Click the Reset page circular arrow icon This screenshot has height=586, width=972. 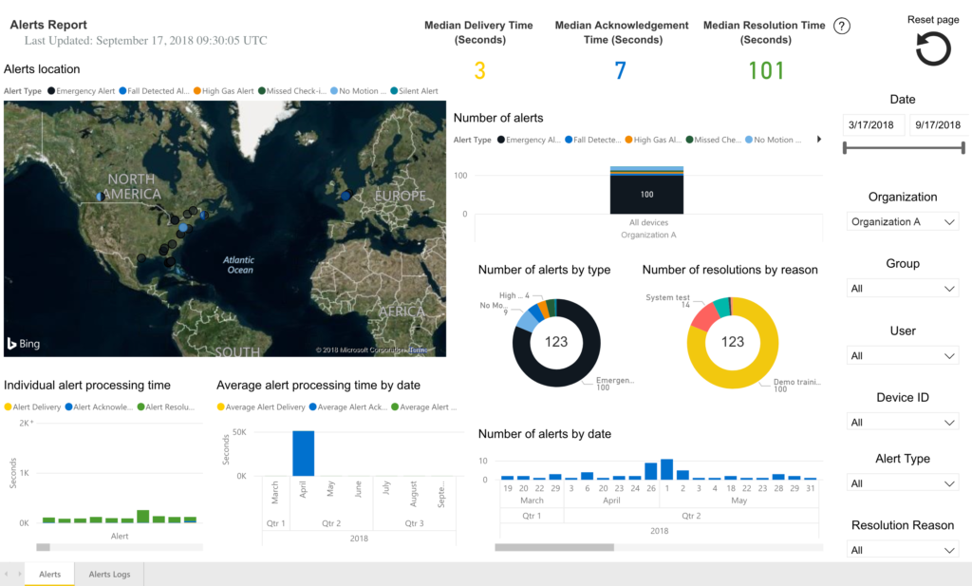point(933,49)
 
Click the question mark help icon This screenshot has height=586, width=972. point(842,27)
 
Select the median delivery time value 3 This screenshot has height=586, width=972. point(479,70)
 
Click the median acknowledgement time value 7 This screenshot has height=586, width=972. point(620,70)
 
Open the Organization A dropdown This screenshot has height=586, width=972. point(903,221)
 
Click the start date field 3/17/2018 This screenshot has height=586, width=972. point(873,125)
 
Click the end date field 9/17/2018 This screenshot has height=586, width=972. point(938,125)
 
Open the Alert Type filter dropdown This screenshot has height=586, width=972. point(903,483)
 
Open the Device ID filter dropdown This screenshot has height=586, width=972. point(903,423)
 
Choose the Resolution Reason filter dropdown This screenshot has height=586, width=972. point(903,550)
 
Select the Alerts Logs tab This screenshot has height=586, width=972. point(109,575)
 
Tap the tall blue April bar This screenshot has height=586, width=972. point(303,453)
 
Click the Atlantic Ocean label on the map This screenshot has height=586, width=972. point(239,265)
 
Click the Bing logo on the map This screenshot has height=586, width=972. point(24,343)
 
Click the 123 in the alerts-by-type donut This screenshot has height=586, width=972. point(556,341)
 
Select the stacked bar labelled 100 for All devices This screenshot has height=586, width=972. point(646,193)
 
